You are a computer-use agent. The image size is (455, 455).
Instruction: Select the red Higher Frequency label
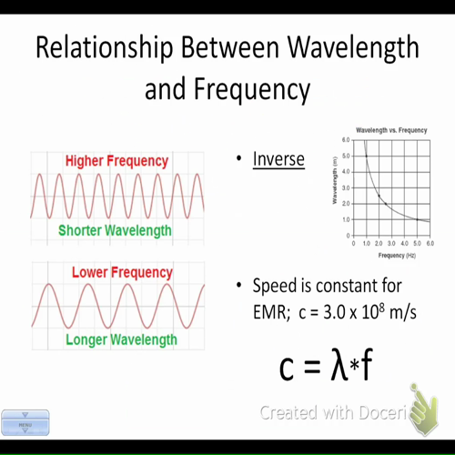(x=116, y=161)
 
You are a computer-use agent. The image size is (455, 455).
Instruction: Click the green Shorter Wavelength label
(x=115, y=230)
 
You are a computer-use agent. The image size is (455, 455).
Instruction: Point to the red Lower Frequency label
(x=121, y=272)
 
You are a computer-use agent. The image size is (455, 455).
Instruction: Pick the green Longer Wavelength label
(x=121, y=340)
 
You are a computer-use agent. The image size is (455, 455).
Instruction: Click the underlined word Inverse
(x=278, y=160)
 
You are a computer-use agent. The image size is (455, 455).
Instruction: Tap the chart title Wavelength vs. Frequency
(x=391, y=131)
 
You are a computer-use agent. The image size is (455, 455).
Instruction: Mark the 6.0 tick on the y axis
(x=345, y=140)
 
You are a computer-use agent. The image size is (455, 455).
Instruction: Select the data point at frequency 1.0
(x=366, y=157)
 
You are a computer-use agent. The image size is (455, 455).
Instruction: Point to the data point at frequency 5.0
(x=417, y=219)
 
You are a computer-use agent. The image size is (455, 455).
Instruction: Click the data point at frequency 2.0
(x=379, y=196)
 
